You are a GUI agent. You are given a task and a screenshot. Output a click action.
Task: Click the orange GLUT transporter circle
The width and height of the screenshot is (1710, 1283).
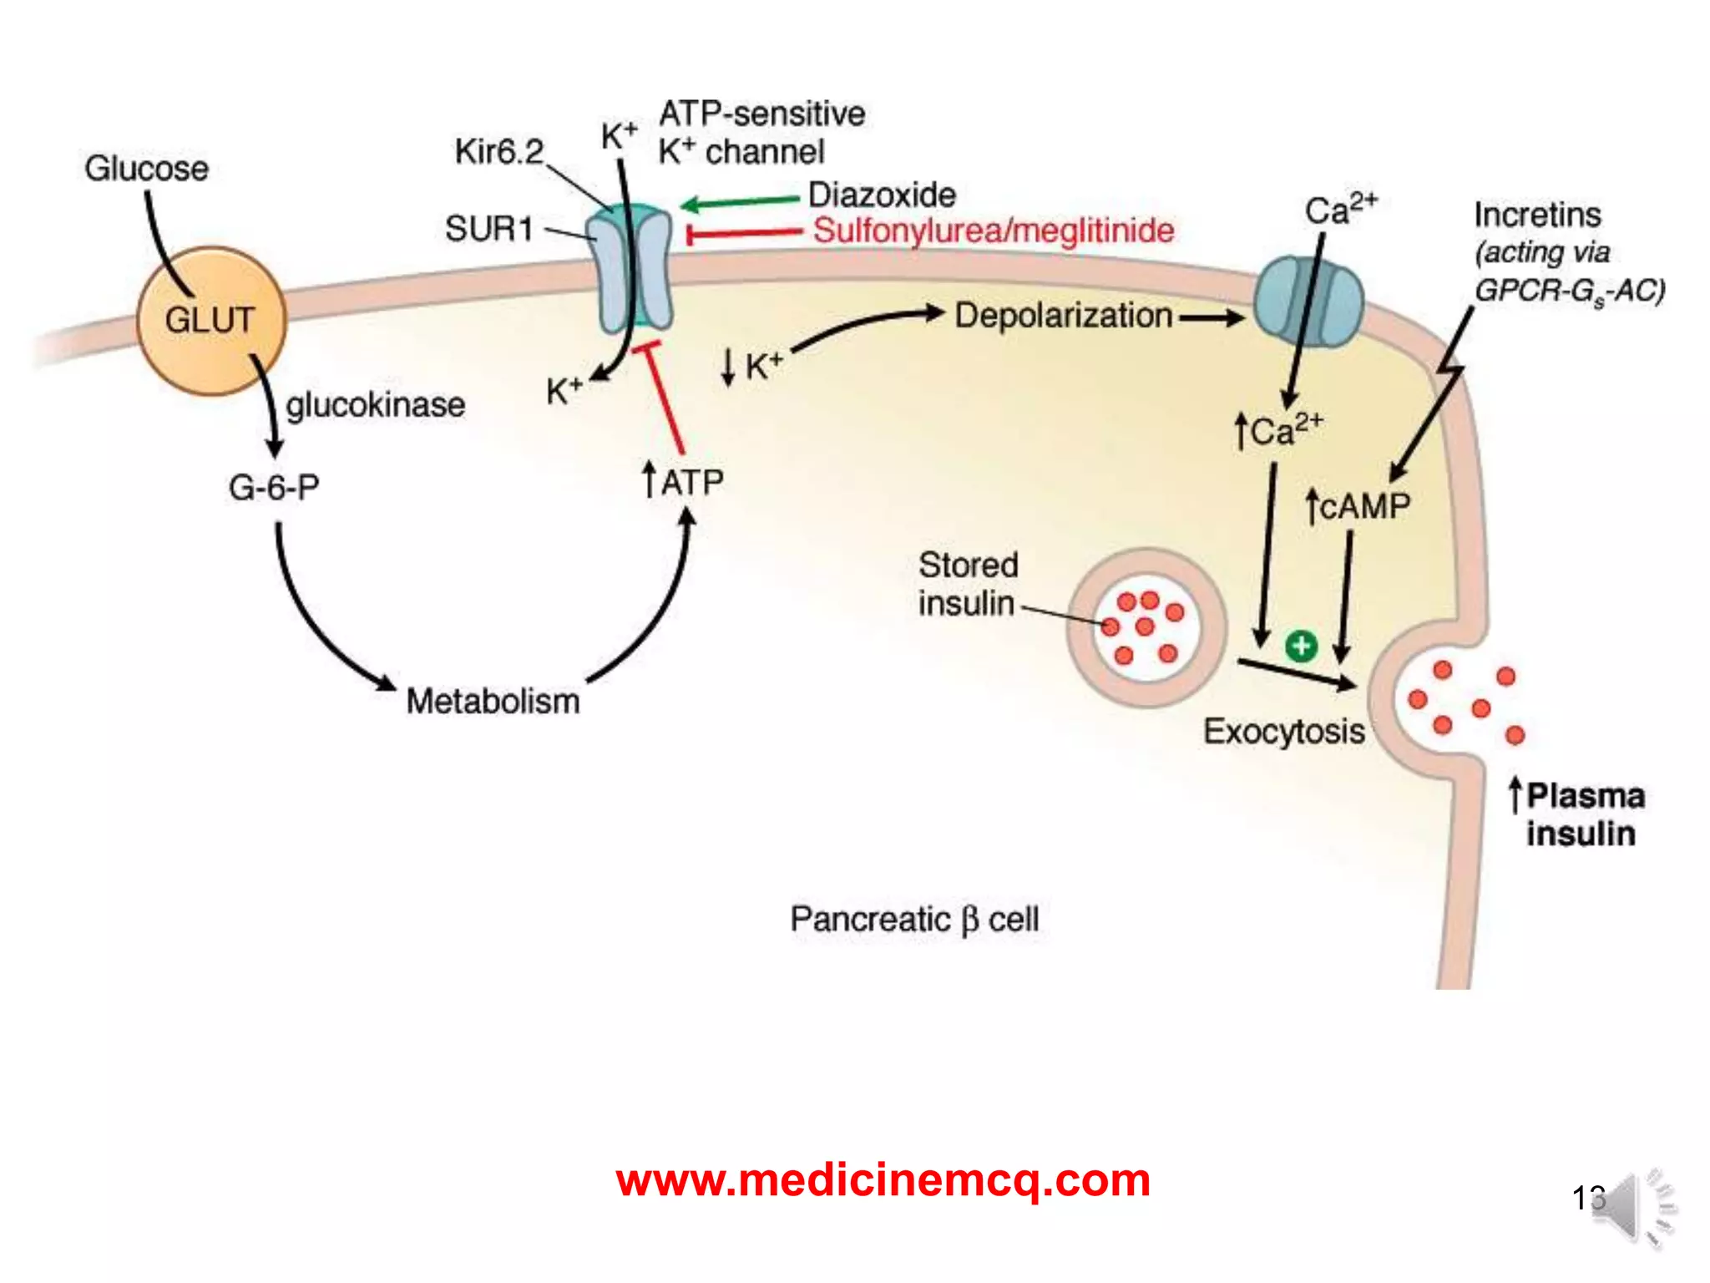pos(210,320)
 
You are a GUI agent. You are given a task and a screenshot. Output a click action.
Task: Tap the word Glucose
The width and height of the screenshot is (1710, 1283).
pos(146,169)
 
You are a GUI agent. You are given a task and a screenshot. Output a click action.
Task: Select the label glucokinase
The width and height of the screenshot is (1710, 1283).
pos(375,405)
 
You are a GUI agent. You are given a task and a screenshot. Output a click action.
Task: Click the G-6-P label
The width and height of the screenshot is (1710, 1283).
pos(274,487)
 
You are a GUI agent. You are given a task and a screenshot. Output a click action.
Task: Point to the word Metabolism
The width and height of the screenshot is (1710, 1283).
pos(493,701)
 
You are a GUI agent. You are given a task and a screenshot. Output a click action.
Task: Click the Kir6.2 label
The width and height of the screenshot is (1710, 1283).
pos(498,152)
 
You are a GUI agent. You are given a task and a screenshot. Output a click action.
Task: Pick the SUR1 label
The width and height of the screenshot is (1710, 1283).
pos(488,228)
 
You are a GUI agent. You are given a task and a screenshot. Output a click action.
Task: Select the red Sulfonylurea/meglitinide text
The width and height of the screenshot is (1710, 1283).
pos(994,231)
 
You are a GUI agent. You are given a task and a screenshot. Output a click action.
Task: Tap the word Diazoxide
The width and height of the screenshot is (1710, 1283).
pos(882,195)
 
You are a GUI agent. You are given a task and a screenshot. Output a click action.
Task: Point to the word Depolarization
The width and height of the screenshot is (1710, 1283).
pos(1063,316)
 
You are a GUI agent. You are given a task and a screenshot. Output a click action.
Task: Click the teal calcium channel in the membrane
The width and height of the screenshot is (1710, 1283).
pos(1308,302)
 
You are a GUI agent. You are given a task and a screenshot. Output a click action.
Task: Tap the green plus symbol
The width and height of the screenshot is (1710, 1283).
pos(1301,645)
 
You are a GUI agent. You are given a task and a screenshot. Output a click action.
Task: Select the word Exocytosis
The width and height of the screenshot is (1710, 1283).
pos(1283,731)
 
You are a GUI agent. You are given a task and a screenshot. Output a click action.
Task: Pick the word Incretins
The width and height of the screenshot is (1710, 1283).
pos(1536,215)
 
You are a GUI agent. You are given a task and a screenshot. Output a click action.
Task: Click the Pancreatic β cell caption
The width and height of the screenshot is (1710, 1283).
pos(914,919)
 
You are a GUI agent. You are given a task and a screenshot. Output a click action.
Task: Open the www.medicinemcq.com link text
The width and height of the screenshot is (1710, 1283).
pos(883,1180)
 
